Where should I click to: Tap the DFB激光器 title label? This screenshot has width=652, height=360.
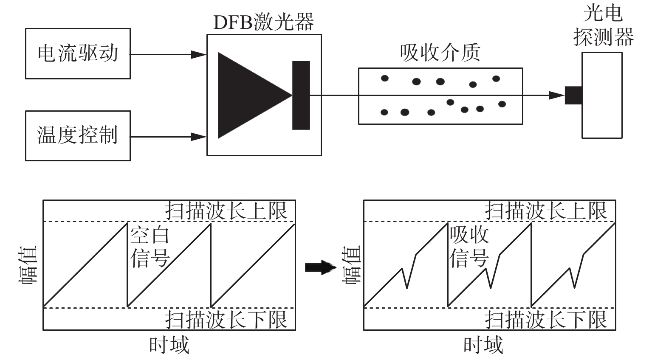264,22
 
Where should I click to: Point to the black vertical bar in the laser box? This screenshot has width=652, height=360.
301,95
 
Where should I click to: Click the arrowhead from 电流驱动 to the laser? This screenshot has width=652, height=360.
198,54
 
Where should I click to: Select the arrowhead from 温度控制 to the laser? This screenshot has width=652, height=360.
198,137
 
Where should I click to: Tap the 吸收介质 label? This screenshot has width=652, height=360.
440,53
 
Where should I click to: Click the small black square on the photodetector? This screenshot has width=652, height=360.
573,95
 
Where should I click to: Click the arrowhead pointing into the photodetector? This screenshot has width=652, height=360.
557,95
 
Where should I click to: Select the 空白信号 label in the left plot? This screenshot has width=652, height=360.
150,247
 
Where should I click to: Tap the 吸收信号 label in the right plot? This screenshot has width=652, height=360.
469,247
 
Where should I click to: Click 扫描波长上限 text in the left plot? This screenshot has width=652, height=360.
226,211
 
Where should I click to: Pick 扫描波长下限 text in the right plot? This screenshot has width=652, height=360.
546,320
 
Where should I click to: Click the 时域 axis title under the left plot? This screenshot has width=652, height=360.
169,345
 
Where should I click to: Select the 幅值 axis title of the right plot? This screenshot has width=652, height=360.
351,264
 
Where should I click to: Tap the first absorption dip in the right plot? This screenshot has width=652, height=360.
406,288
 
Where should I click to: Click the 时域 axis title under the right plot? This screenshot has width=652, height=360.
483,345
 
